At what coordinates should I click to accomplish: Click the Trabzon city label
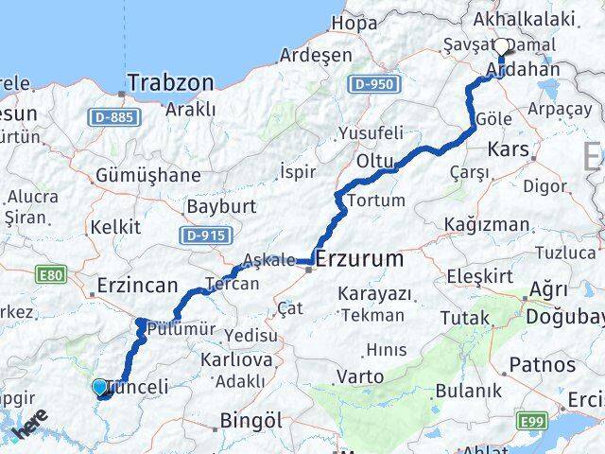[171, 83]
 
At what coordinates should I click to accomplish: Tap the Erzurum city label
[358, 258]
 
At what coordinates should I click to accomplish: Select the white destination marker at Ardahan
[502, 46]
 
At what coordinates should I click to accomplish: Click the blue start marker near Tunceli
[100, 386]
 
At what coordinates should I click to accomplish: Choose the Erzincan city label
[137, 284]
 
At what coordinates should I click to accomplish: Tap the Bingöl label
[250, 419]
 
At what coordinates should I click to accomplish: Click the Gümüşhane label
[147, 175]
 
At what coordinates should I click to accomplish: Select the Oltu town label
[374, 162]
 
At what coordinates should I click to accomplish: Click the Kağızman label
[488, 224]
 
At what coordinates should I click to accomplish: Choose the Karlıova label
[236, 359]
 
